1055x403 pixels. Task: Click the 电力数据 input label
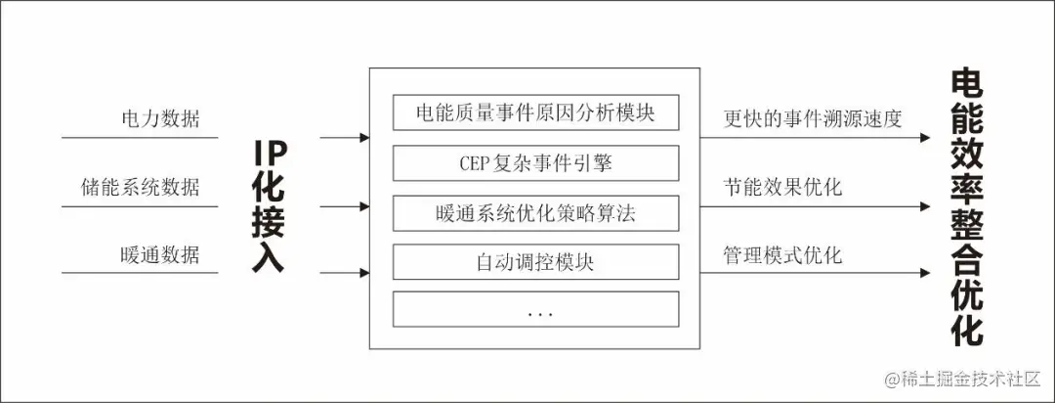pos(159,119)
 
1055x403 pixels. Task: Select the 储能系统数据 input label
pos(140,187)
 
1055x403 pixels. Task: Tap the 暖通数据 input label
pos(159,255)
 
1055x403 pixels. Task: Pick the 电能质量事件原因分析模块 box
pos(535,112)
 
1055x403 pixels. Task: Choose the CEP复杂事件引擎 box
pos(535,162)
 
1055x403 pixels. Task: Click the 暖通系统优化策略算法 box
pos(535,212)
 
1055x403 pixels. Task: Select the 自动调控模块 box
pos(535,262)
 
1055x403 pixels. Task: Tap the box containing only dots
pos(535,310)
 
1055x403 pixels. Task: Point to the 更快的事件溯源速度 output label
pos(813,119)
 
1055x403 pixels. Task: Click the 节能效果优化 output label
pos(782,187)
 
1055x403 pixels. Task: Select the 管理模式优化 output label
pos(782,255)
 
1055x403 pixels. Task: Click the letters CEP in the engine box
pos(478,162)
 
